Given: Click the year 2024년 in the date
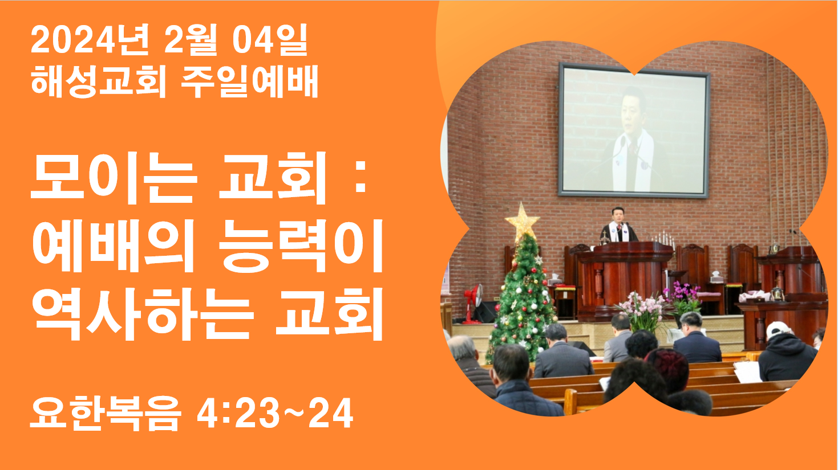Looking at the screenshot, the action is pos(90,40).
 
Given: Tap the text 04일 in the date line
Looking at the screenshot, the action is pos(270,40).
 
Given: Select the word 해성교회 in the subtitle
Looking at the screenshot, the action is pos(98,81).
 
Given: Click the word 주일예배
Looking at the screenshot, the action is pos(249,81).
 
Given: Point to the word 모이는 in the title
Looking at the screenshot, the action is pos(114,178).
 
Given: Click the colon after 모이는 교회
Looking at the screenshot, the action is pos(361,178).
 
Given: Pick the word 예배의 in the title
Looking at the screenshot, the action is pos(114,246).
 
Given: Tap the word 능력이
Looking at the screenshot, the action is pos(301,246).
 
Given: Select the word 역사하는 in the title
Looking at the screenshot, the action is pos(143,314).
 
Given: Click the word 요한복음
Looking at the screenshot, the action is pos(106,414).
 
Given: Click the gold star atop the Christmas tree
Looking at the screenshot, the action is pos(522,222).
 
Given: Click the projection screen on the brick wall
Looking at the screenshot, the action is pos(634,130).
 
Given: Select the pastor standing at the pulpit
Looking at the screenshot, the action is pos(619,225).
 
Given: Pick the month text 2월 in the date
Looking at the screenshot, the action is pos(191,40).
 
